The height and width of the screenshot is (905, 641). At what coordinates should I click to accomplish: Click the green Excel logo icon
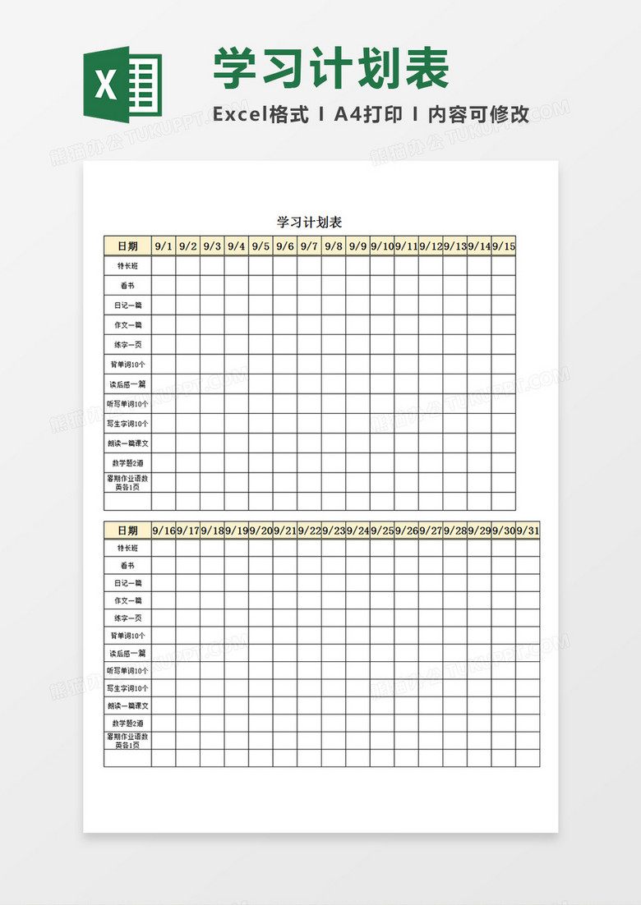click(x=122, y=85)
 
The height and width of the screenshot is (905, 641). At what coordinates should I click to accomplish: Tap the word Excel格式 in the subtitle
click(x=261, y=115)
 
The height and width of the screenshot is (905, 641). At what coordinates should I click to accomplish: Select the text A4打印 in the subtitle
click(x=368, y=115)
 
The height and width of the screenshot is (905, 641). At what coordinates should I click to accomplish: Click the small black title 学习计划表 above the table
click(x=309, y=223)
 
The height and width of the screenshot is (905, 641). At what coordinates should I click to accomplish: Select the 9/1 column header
click(x=164, y=246)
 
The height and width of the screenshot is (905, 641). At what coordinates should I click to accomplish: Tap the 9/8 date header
click(x=333, y=246)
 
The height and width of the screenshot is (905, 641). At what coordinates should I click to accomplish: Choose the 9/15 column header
click(x=503, y=246)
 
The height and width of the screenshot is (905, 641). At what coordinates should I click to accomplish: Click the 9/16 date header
click(x=164, y=531)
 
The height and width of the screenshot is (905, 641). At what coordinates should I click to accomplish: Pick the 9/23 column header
click(x=333, y=531)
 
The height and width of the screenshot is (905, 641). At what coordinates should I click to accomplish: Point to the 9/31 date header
click(x=528, y=531)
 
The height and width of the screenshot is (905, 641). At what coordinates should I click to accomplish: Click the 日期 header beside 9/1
click(x=127, y=246)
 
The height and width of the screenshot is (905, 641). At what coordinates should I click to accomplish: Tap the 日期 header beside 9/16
click(x=127, y=531)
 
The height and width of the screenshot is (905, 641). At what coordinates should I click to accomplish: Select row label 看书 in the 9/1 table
click(x=127, y=286)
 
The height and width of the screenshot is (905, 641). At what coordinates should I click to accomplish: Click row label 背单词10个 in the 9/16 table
click(x=127, y=636)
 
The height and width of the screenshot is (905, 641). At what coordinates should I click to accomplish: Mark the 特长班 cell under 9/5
click(x=261, y=266)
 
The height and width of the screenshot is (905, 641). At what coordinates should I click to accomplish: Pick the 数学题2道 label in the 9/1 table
click(x=127, y=463)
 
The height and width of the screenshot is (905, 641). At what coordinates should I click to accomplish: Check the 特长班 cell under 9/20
click(x=261, y=548)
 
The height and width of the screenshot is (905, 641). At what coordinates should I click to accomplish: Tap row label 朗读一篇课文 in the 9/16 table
click(x=127, y=705)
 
